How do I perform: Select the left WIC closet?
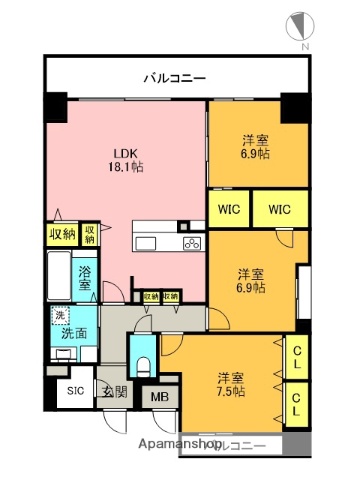[x=227, y=211]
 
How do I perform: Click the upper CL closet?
[x=297, y=357]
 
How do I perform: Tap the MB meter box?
[x=159, y=396]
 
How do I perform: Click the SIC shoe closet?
[x=75, y=391]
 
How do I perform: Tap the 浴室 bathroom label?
[x=85, y=277]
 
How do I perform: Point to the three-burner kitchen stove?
[x=192, y=244]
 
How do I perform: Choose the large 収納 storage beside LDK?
[x=62, y=235]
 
